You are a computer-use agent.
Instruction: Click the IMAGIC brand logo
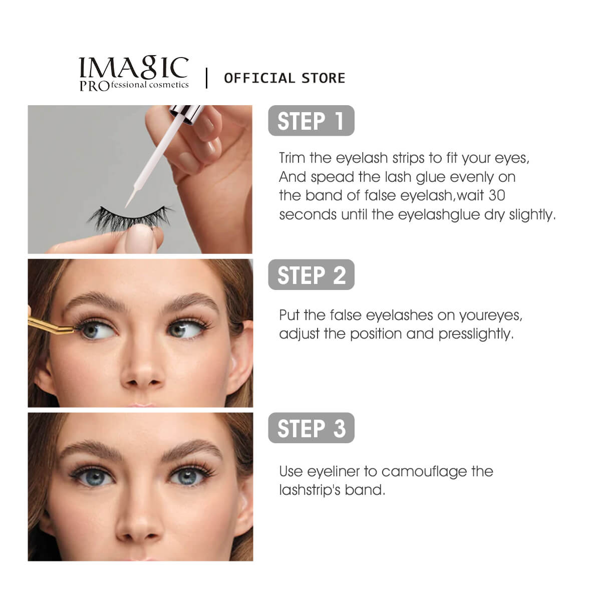pyautogui.click(x=134, y=74)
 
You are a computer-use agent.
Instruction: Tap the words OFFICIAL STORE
pyautogui.click(x=284, y=78)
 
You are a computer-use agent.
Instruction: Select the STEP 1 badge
pyautogui.click(x=311, y=121)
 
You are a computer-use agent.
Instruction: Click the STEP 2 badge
pyautogui.click(x=311, y=275)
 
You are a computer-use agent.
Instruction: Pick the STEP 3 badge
pyautogui.click(x=311, y=428)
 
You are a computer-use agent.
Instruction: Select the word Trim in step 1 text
pyautogui.click(x=291, y=158)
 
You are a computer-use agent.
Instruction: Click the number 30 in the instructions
pyautogui.click(x=496, y=195)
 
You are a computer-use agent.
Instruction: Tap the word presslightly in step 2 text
pyautogui.click(x=476, y=334)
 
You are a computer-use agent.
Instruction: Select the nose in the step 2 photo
pyautogui.click(x=141, y=368)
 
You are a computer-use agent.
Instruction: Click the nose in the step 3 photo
pyautogui.click(x=139, y=518)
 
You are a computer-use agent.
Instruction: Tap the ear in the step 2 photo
pyautogui.click(x=241, y=353)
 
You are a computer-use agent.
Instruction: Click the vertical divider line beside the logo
pyautogui.click(x=206, y=78)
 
